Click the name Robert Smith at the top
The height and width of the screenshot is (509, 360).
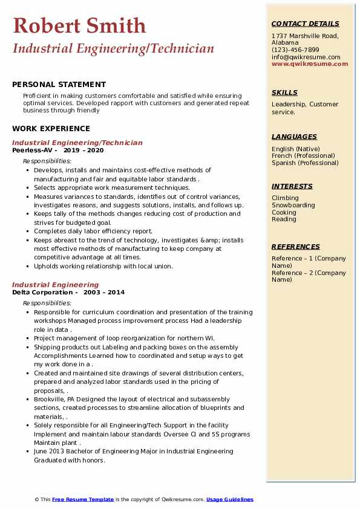(79, 25)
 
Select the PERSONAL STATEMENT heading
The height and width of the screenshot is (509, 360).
(59, 85)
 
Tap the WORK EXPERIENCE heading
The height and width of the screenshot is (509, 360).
(51, 128)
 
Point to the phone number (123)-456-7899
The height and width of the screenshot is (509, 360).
(295, 50)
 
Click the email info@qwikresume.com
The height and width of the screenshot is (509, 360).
(306, 57)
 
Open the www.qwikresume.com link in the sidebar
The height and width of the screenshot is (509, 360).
(310, 63)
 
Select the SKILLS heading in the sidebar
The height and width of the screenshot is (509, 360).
(284, 92)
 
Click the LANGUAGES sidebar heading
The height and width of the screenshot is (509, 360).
(294, 137)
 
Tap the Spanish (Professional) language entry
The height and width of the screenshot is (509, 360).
(305, 163)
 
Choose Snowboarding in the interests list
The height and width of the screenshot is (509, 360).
(293, 205)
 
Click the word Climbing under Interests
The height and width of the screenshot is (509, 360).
(285, 198)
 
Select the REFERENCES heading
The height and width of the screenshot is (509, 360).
(296, 247)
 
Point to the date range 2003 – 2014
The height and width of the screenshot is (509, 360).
(104, 292)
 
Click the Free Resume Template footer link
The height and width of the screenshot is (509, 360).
(83, 499)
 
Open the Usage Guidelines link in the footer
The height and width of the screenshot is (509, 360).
(229, 499)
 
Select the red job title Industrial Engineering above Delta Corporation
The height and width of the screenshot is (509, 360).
(55, 285)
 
